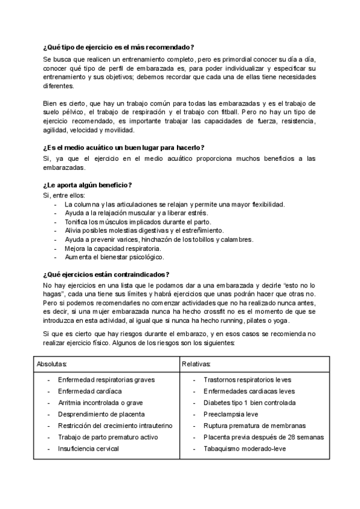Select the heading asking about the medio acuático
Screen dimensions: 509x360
coord(124,148)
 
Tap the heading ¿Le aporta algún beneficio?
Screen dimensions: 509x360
coord(88,184)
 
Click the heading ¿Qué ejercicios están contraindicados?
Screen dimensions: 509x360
coord(106,274)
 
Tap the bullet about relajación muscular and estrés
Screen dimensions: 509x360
coord(136,213)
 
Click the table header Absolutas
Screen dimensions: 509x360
coord(52,364)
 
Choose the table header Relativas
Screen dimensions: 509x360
coord(197,364)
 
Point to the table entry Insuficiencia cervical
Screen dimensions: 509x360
coord(88,448)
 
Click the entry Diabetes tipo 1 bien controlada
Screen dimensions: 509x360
coord(249,403)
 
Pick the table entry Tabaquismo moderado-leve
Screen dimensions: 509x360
coord(245,448)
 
